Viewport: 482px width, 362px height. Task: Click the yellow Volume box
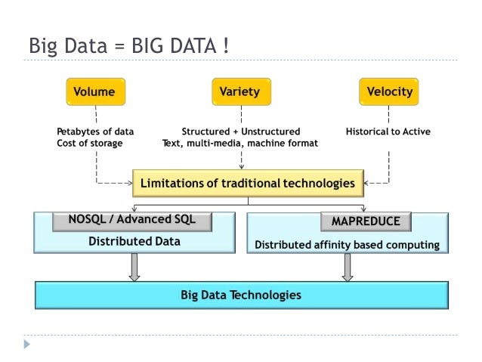click(94, 92)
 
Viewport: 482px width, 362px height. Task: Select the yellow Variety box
click(239, 92)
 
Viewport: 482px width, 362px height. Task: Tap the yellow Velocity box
click(389, 92)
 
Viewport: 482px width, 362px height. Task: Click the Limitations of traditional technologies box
click(248, 183)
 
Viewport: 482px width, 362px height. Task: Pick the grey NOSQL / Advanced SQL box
click(131, 221)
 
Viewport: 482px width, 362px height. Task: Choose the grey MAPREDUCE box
click(365, 221)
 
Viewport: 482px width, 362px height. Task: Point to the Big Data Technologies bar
click(241, 295)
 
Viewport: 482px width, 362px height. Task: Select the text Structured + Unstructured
click(241, 131)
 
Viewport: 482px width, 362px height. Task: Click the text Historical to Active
click(388, 131)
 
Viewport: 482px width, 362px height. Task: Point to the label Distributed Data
click(134, 242)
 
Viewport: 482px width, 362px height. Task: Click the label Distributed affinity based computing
click(347, 245)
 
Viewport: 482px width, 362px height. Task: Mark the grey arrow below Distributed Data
click(134, 267)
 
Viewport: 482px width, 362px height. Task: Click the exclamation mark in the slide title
click(225, 46)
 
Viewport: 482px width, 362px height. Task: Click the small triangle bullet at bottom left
click(28, 344)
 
